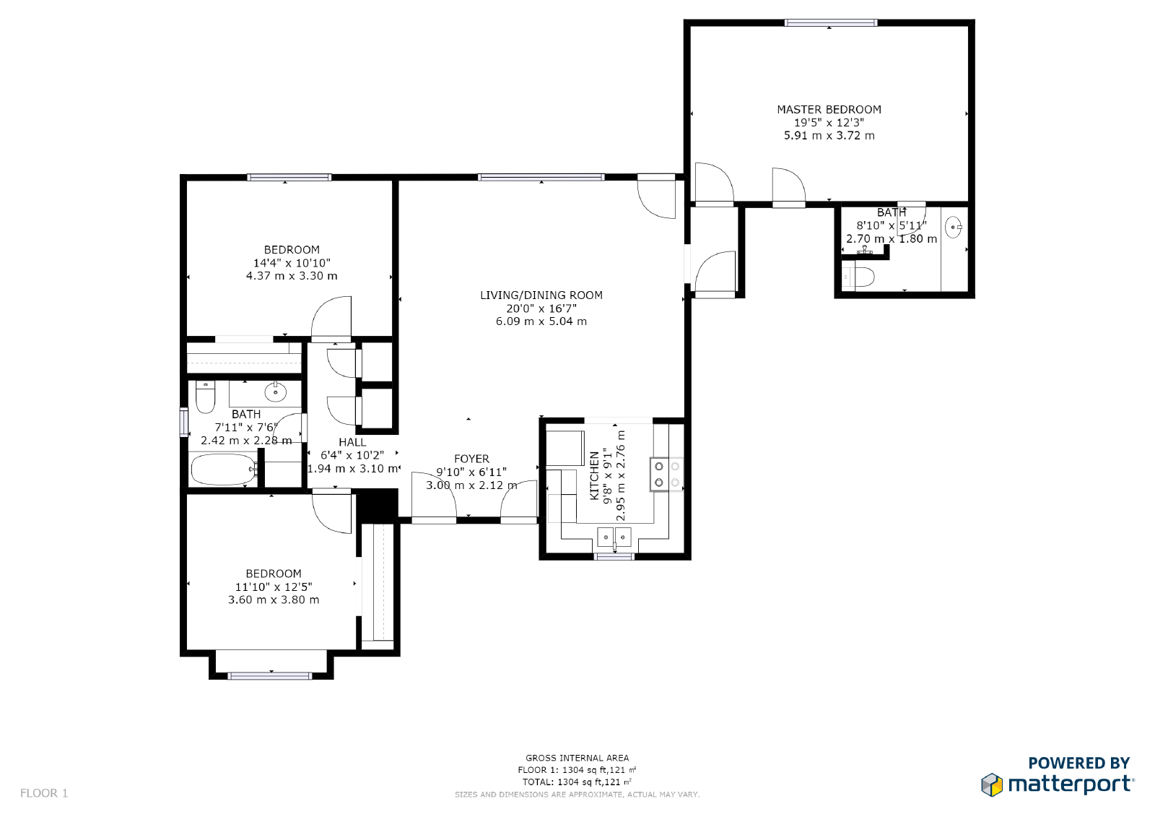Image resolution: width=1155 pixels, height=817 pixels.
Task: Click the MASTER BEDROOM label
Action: click(x=829, y=110)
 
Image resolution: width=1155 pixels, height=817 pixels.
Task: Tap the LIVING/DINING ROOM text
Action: click(x=541, y=295)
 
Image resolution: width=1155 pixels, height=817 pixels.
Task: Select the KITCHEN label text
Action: click(x=594, y=475)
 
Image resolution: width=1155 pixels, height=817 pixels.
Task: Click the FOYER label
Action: click(x=471, y=459)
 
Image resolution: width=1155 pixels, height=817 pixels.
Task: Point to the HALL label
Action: click(x=352, y=442)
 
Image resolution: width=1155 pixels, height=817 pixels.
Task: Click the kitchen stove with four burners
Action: click(x=666, y=475)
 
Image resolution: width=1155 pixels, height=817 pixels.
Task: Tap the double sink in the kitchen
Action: click(x=614, y=537)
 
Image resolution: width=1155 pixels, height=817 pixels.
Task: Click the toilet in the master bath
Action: click(x=859, y=277)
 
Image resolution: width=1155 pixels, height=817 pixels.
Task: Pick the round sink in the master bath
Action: click(x=954, y=228)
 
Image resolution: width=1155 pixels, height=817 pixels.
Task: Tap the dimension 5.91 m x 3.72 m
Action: click(x=829, y=136)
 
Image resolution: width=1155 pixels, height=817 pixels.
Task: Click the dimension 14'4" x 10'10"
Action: click(x=292, y=263)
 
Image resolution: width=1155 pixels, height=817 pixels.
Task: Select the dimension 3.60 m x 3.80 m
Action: click(x=274, y=600)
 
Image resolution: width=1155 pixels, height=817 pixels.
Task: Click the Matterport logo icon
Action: click(x=992, y=784)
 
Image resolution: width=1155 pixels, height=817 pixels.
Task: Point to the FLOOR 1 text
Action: click(x=44, y=793)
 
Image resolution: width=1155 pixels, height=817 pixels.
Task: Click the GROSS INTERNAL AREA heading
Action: click(x=577, y=758)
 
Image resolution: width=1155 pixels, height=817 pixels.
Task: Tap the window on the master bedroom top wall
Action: click(x=831, y=23)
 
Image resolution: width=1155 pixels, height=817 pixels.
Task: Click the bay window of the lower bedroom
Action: click(x=270, y=675)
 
